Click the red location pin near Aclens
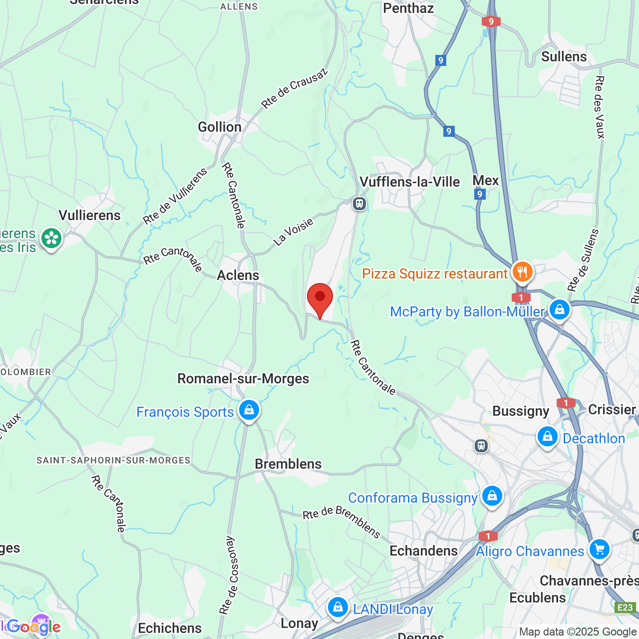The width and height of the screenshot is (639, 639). point(319,298)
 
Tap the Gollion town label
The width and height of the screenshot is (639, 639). point(220,127)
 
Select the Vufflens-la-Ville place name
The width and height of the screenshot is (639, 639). point(410,182)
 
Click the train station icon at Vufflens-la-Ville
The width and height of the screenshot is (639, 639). point(359,204)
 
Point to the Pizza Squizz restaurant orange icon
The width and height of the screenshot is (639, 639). point(522,272)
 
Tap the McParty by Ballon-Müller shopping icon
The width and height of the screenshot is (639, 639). point(559,310)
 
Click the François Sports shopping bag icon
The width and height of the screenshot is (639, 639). point(249,410)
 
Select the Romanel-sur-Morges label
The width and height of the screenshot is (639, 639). point(243,378)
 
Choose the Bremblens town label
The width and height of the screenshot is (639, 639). point(288,464)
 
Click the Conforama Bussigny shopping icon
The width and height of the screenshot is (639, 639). point(492,496)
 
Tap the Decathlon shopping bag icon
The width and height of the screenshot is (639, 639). point(547,437)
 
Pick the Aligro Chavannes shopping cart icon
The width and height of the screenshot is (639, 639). point(599,550)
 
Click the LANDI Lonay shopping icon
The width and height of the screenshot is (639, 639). point(338,608)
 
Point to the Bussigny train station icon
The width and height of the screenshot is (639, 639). point(481,445)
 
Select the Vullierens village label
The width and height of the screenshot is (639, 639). point(90,215)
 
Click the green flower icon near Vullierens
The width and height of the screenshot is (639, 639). point(51,238)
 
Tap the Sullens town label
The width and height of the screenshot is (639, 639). point(564,57)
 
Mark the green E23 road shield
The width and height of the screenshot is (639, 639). point(625,608)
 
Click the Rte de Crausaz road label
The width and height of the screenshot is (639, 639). point(295,88)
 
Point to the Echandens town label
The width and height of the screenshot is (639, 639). point(423,551)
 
